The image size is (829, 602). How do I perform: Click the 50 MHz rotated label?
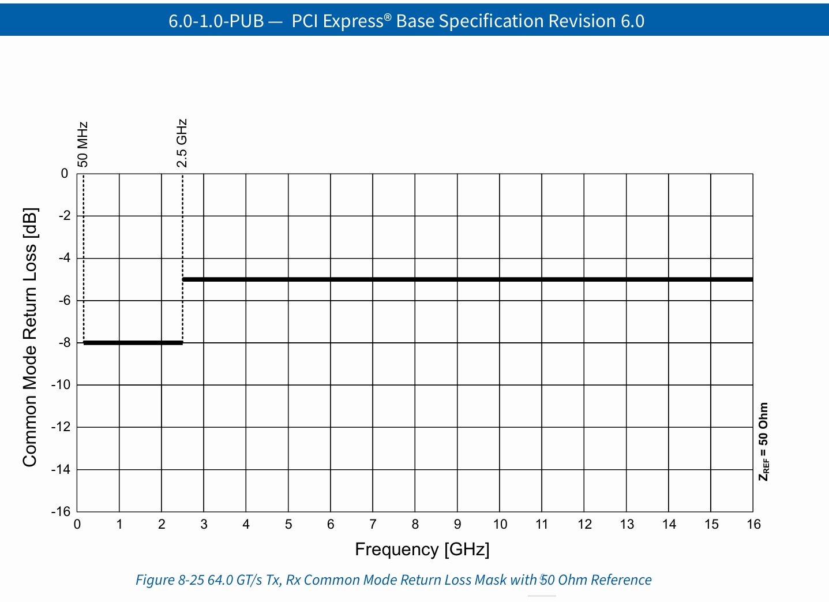[x=84, y=144]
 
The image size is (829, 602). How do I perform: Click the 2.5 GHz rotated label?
[x=182, y=143]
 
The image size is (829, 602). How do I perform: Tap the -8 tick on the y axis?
[x=64, y=343]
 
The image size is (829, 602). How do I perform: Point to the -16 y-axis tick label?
[x=62, y=512]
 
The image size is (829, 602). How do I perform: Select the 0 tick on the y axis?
[x=65, y=174]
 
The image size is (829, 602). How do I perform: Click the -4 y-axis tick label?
[x=64, y=258]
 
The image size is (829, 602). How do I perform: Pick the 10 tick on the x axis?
[x=500, y=525]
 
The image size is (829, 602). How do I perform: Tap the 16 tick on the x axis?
[x=753, y=525]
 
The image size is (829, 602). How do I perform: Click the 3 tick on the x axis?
[x=204, y=525]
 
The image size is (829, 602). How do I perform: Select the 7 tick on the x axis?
[x=373, y=525]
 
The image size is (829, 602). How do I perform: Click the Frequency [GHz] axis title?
[x=422, y=549]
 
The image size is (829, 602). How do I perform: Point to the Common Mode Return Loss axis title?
[x=30, y=337]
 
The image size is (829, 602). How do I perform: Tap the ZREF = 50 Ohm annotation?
[x=763, y=442]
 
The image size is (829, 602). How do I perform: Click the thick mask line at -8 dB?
[x=133, y=343]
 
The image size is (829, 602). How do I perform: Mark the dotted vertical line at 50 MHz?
[x=84, y=260]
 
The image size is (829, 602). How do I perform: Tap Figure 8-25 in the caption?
[x=170, y=580]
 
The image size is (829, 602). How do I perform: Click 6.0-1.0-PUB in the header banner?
[x=216, y=21]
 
